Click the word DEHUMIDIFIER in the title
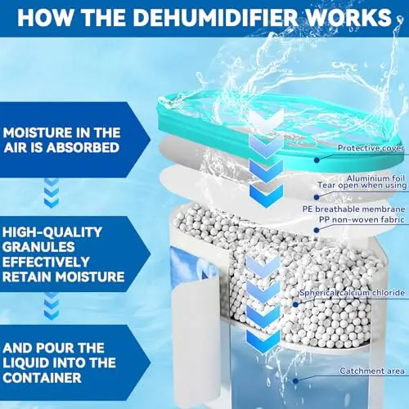pyautogui.click(x=215, y=17)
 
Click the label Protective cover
pyautogui.click(x=371, y=148)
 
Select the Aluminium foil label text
pyautogui.click(x=375, y=178)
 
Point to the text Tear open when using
pyautogui.click(x=362, y=186)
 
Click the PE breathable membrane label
pyautogui.click(x=353, y=209)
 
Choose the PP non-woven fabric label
pyautogui.click(x=362, y=219)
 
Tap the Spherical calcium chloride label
pyautogui.click(x=352, y=293)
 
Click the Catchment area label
pyautogui.click(x=372, y=371)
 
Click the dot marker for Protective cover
pyautogui.click(x=317, y=160)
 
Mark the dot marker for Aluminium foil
pyautogui.click(x=317, y=197)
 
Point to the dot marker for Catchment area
pyautogui.click(x=295, y=381)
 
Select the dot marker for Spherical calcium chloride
pyautogui.click(x=295, y=304)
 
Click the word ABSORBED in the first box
pyautogui.click(x=83, y=147)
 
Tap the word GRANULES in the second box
pyautogui.click(x=38, y=247)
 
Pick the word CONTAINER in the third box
pyautogui.click(x=43, y=378)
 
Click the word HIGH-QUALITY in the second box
pyautogui.click(x=52, y=232)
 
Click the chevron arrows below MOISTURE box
pyautogui.click(x=52, y=193)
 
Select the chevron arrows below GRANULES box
pyautogui.click(x=52, y=306)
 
